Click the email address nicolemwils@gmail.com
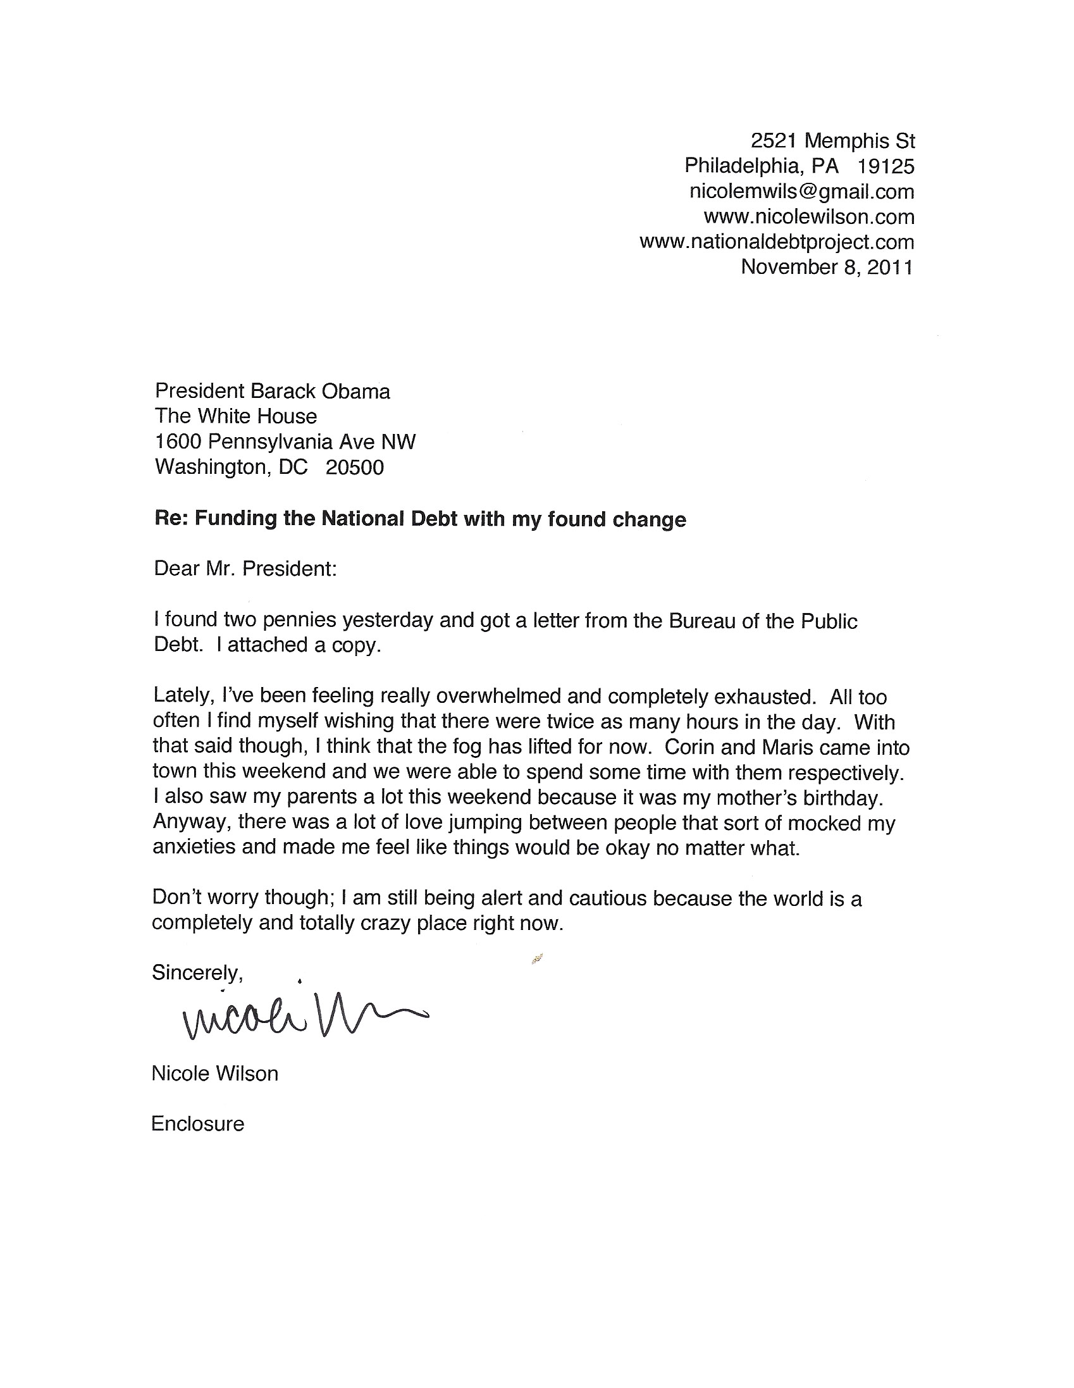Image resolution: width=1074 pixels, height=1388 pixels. pyautogui.click(x=801, y=191)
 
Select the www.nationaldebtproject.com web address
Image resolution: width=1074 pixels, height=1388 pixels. pyautogui.click(x=777, y=242)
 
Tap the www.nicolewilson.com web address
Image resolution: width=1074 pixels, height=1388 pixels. pyautogui.click(x=808, y=217)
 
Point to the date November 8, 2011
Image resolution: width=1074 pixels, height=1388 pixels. pyautogui.click(x=826, y=267)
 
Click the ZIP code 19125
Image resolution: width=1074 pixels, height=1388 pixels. pyautogui.click(x=886, y=166)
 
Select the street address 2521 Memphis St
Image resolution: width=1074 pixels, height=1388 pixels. pyautogui.click(x=832, y=140)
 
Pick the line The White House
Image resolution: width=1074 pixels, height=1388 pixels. pyautogui.click(x=236, y=416)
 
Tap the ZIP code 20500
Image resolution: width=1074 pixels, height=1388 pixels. pyautogui.click(x=355, y=468)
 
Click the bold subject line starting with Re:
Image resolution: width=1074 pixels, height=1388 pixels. pyautogui.click(x=420, y=519)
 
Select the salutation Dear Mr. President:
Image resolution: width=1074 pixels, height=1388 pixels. pyautogui.click(x=245, y=568)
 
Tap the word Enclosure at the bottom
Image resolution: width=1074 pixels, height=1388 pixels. pyautogui.click(x=197, y=1124)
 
